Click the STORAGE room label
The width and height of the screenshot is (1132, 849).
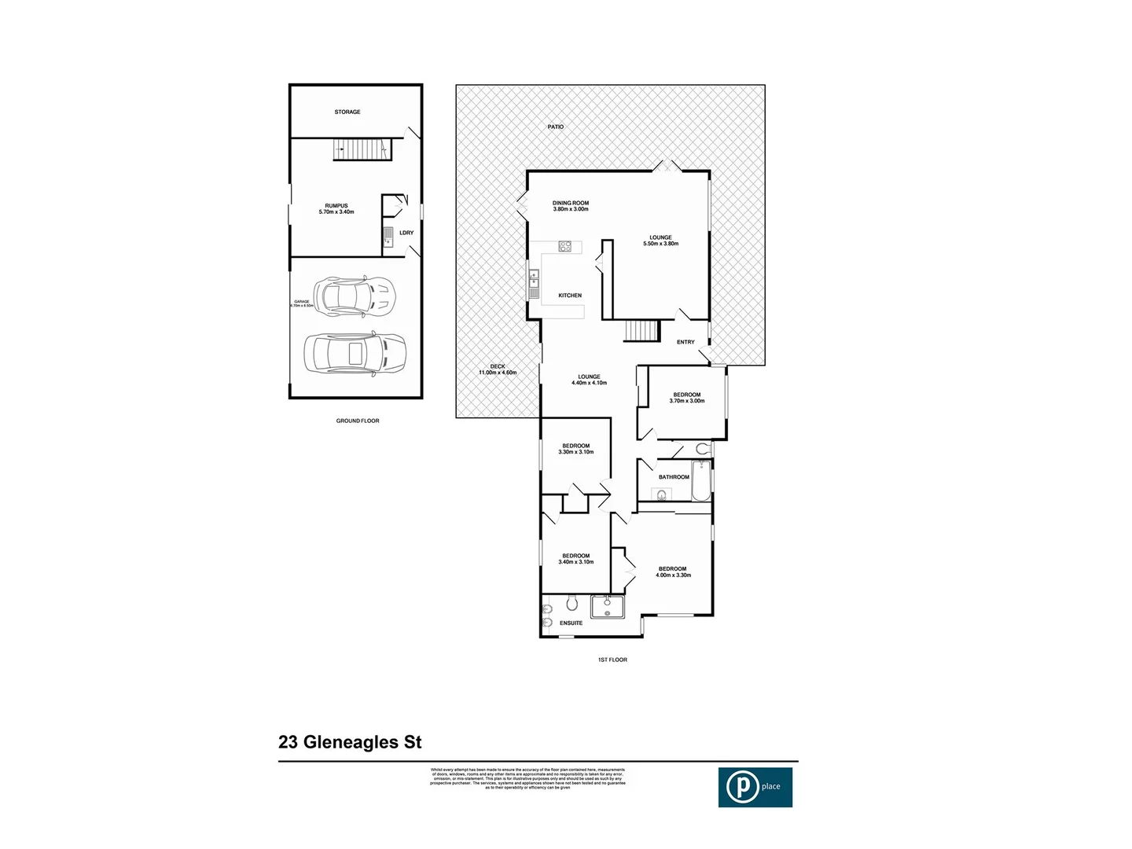347,112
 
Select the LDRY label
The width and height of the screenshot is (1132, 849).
406,233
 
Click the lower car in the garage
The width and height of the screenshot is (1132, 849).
355,353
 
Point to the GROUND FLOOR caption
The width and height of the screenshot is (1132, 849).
358,421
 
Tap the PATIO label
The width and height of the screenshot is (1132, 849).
556,127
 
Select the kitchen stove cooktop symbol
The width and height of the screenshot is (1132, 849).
565,246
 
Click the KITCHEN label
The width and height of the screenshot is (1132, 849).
570,296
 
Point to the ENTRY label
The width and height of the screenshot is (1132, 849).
685,342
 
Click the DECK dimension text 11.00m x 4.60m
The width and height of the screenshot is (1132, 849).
498,373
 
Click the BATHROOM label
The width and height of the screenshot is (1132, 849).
674,477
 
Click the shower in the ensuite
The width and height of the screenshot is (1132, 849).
608,607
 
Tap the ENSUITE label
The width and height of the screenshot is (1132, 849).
572,623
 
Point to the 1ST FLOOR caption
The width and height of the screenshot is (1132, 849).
612,660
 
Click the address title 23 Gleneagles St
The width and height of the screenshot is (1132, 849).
351,742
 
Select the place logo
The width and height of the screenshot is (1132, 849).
755,786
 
